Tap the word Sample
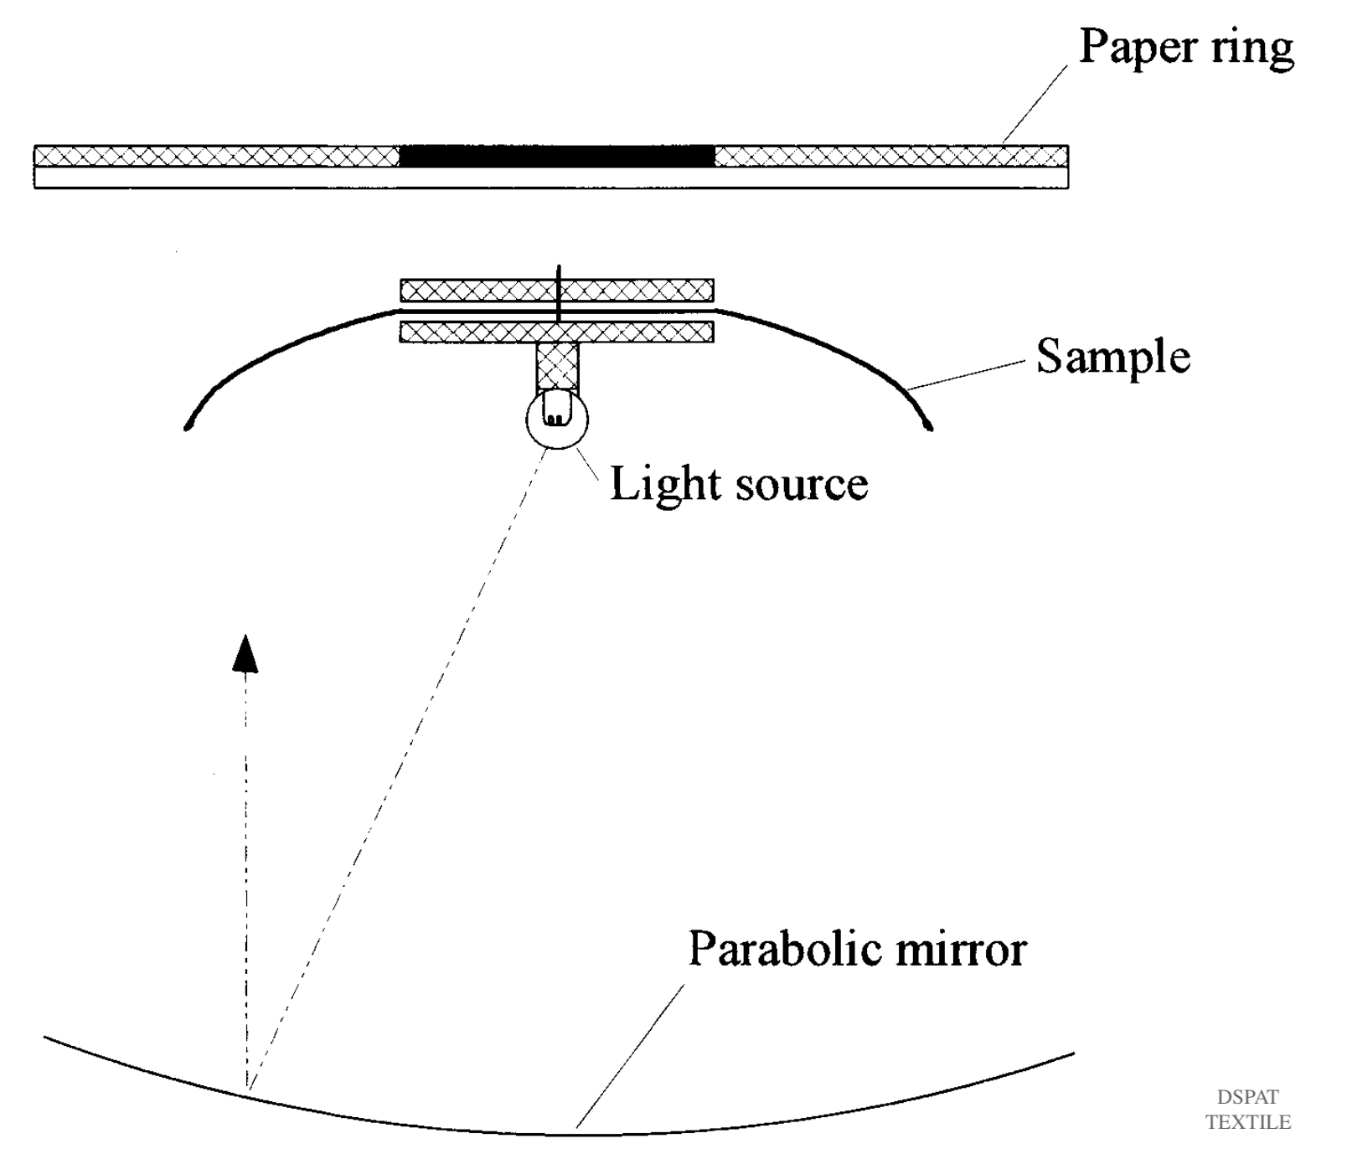pos(1112,357)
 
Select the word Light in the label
pos(664,485)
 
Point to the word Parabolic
pos(785,950)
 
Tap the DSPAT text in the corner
pos(1247,1097)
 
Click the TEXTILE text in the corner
pos(1247,1122)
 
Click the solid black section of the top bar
pos(557,156)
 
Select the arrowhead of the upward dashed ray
pos(245,654)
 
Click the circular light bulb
pos(557,419)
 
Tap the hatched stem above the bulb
pos(557,365)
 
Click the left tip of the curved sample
pos(188,427)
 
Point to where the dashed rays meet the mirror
pos(248,1088)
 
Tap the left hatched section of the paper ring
pos(216,156)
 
